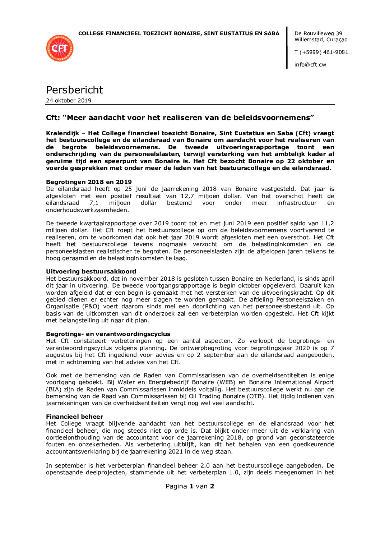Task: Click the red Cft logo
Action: coord(60,48)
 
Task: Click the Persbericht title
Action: coord(74,90)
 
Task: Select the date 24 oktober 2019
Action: coord(69,101)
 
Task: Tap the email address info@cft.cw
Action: coord(310,65)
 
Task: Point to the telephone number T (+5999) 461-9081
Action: coord(321,52)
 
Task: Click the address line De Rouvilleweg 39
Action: coord(318,33)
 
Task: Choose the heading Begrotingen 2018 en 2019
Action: coord(89,182)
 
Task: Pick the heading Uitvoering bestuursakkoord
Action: coord(91,271)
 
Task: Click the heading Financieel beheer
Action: coord(74,417)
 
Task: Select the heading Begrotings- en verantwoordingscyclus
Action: coord(108,334)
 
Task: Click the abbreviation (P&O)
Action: coord(84,307)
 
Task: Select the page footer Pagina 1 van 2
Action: coord(190,486)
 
